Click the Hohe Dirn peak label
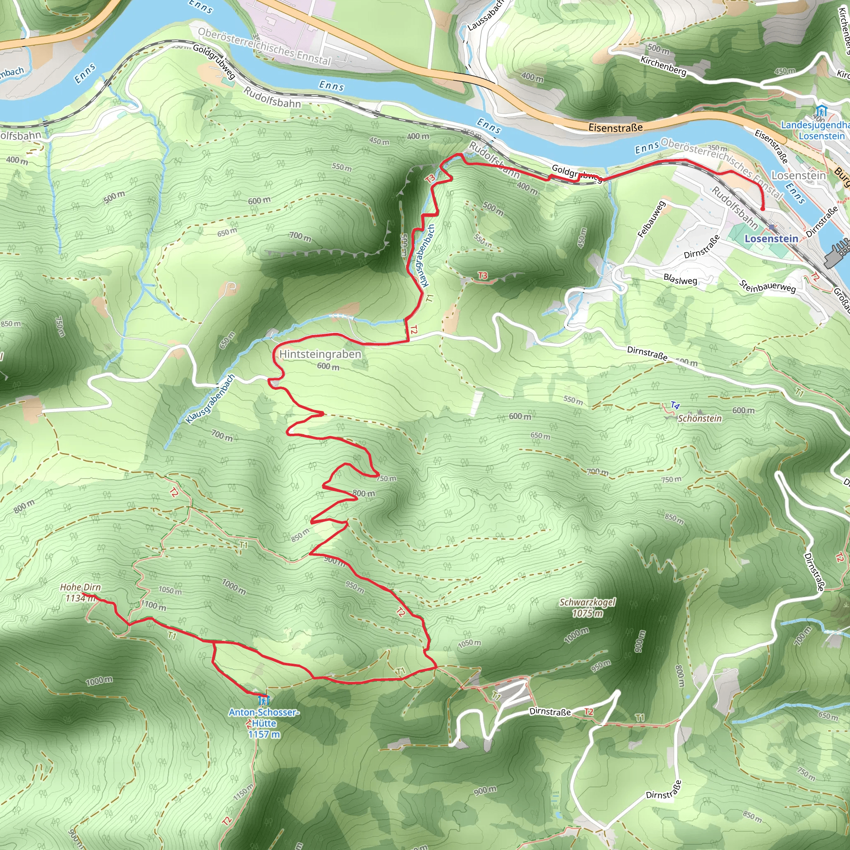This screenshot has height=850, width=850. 81,587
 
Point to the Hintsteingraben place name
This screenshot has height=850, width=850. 320,354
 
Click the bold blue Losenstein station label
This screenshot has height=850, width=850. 771,239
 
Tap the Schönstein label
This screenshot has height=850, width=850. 699,418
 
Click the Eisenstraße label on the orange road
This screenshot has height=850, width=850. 616,127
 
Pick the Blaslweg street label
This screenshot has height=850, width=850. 680,279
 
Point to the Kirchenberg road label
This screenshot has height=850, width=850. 663,66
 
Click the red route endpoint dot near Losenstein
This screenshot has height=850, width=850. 762,208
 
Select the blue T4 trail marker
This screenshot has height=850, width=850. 675,405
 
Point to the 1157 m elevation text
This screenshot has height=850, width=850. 264,734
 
